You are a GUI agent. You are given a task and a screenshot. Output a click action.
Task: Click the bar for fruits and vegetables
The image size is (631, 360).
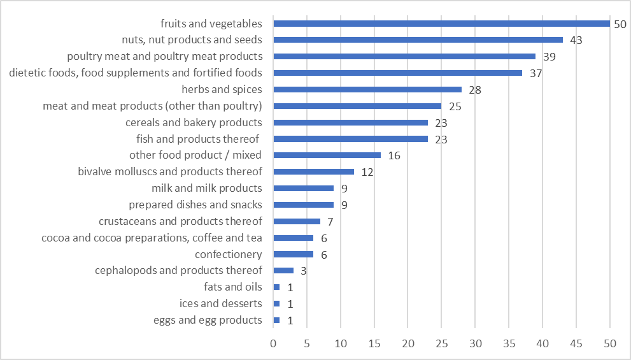pos(441,24)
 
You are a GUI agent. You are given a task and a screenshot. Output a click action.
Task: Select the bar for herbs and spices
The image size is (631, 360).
pos(367,89)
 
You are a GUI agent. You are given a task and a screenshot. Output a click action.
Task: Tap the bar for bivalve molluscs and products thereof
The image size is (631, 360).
pos(313,171)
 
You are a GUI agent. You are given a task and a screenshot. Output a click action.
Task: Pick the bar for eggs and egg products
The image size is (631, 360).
pos(276,320)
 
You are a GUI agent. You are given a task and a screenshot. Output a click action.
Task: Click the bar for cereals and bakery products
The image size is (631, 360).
pos(350,122)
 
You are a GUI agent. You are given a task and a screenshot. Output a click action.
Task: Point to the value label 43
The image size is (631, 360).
pos(576,40)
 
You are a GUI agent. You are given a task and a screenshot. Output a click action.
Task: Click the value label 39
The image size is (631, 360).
pos(549,57)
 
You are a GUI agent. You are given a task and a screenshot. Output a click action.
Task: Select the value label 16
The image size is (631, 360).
pos(393,155)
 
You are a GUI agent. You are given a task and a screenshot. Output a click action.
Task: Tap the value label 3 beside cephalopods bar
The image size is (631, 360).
pos(303,271)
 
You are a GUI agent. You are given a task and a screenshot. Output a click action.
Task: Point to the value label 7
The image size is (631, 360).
pos(330,222)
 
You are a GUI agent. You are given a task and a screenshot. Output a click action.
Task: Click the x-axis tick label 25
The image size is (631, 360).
pos(441,343)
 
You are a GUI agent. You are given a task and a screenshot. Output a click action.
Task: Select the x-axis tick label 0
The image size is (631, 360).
pos(273,343)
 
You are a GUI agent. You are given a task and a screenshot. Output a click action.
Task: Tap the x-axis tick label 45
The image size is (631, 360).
pos(576,343)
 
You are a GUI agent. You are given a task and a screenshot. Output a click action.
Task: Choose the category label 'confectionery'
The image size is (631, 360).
pos(228,254)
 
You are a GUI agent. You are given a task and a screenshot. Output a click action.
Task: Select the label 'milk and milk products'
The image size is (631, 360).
pos(206,188)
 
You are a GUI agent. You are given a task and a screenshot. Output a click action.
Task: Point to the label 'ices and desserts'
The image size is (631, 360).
pos(220,303)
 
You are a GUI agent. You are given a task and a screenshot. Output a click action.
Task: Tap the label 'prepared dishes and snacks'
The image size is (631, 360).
pos(195,205)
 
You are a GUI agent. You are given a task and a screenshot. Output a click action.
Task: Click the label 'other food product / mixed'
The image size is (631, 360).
pos(195,155)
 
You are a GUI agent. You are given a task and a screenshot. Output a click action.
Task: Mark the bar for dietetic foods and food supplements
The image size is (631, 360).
pos(397,73)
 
